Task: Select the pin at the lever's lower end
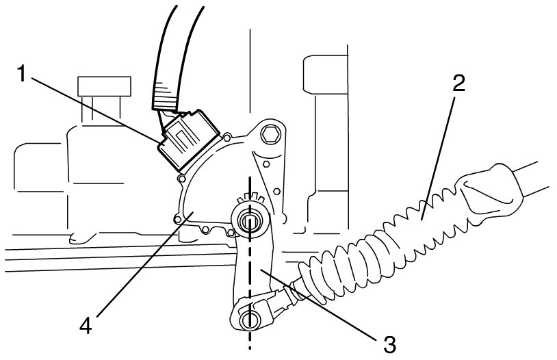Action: click(250, 320)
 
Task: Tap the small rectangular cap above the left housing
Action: click(104, 86)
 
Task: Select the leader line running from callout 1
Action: click(96, 110)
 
